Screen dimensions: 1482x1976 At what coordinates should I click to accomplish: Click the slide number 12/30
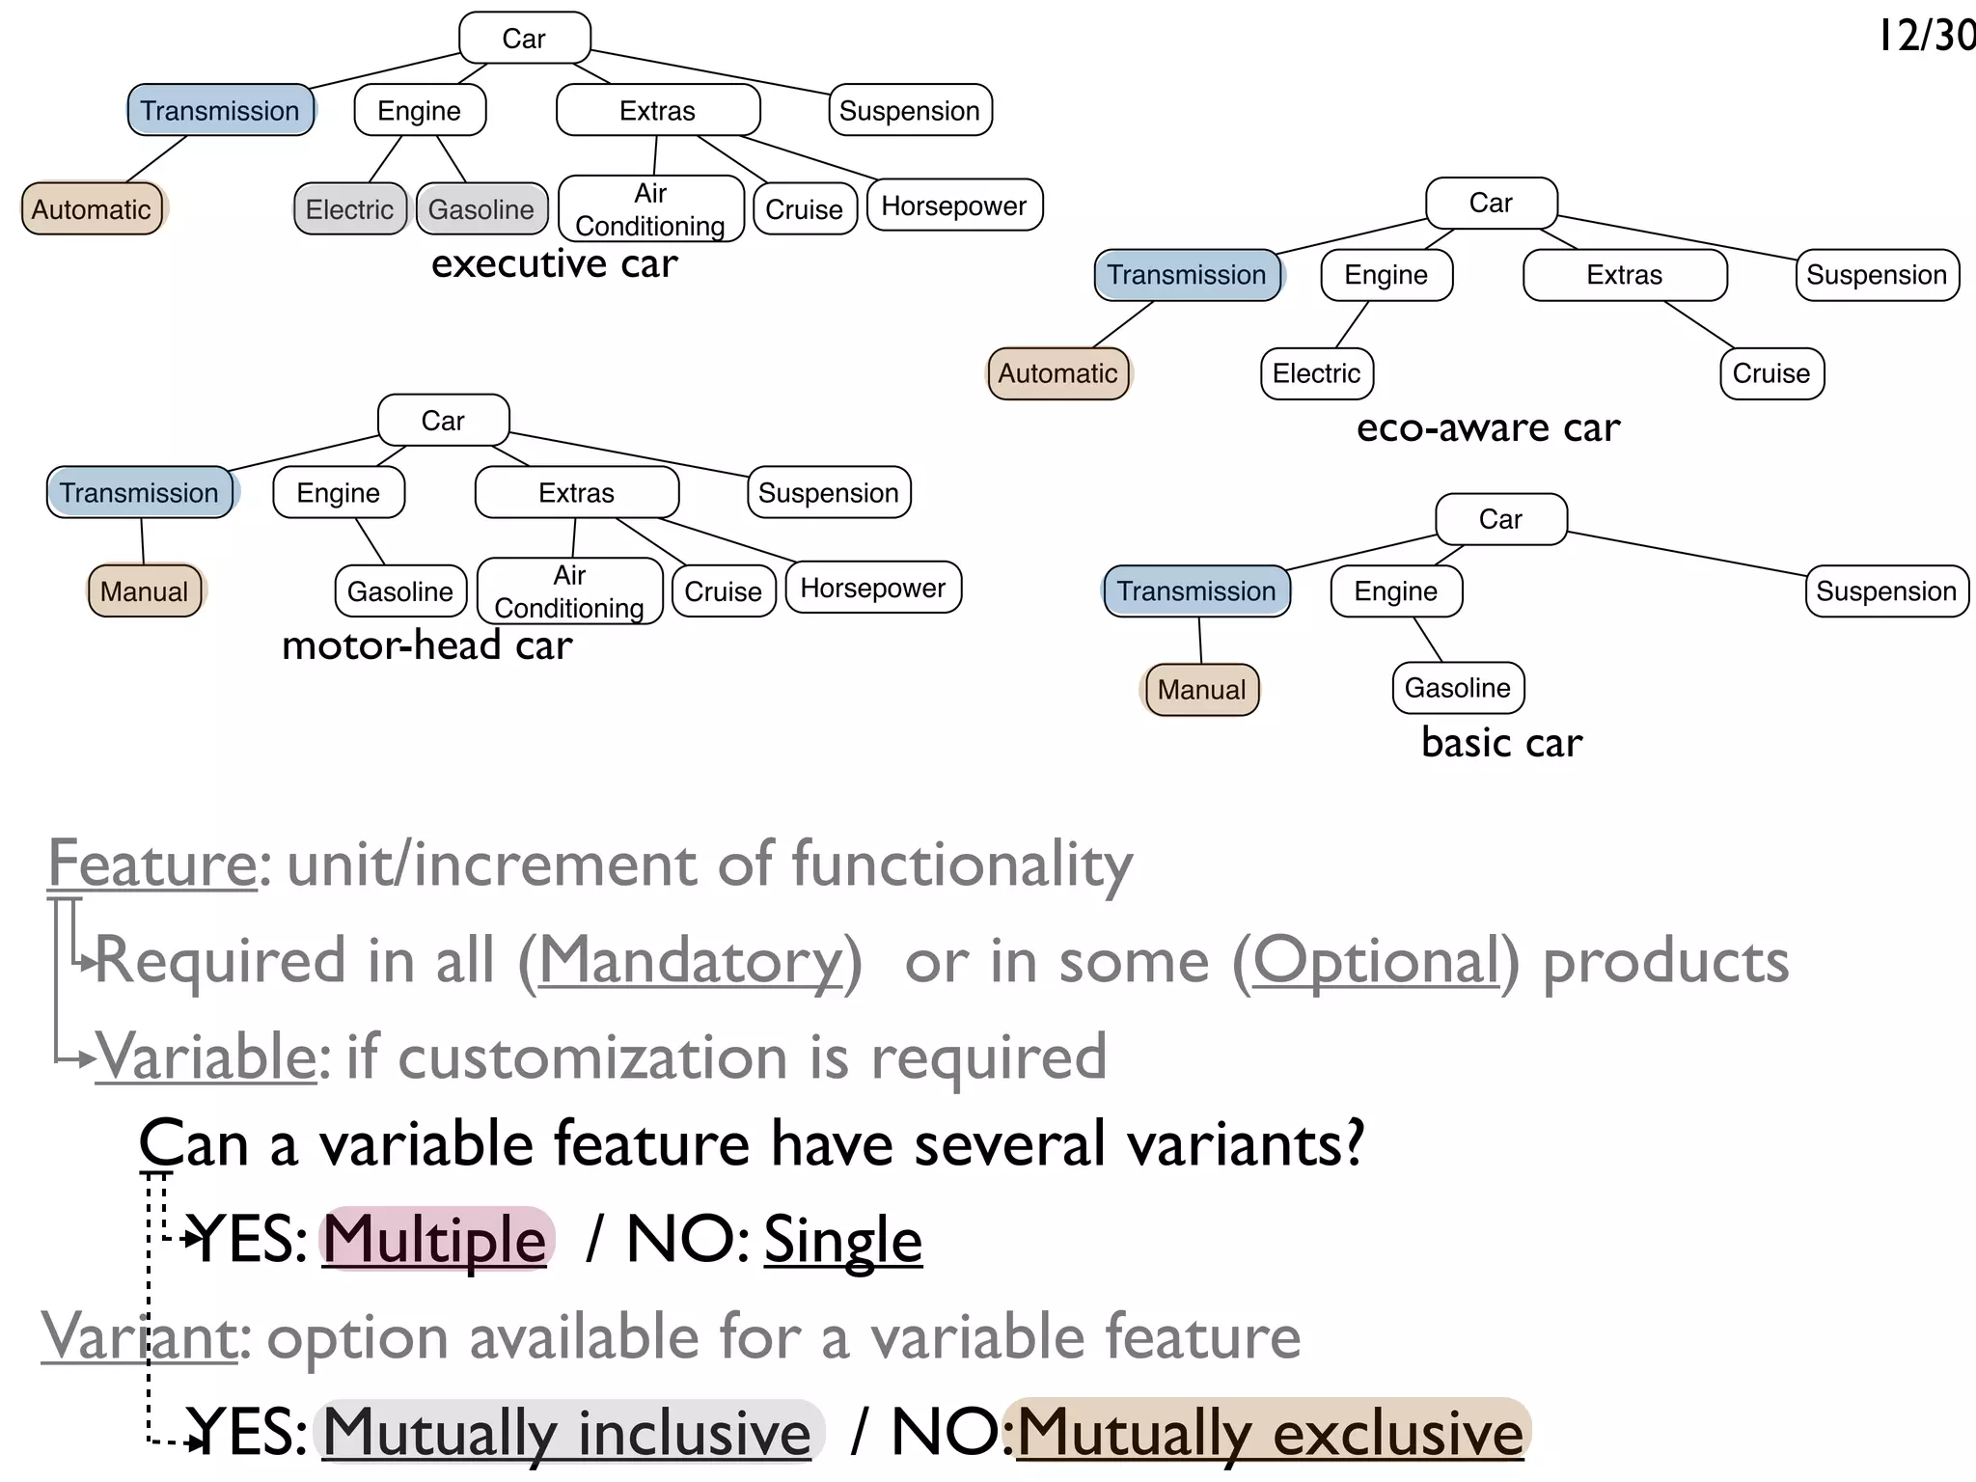click(x=1926, y=36)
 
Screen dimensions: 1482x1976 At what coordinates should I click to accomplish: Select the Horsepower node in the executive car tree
click(x=954, y=206)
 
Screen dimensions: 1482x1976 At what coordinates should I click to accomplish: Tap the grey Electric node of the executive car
click(x=349, y=209)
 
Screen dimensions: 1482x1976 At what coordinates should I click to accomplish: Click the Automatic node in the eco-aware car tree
click(x=1058, y=373)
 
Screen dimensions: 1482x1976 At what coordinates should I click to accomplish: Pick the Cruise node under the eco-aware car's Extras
click(x=1771, y=373)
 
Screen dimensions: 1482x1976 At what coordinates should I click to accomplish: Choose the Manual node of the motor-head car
click(x=145, y=590)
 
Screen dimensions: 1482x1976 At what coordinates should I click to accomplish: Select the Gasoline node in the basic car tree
click(x=1458, y=688)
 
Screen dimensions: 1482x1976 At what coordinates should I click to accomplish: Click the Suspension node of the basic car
click(x=1886, y=590)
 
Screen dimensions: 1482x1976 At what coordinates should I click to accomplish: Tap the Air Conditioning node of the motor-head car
click(x=569, y=591)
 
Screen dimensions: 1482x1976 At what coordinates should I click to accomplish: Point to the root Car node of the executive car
click(x=524, y=39)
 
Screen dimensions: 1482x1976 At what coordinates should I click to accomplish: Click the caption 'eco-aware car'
click(x=1488, y=427)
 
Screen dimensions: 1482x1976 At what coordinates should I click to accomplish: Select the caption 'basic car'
click(x=1501, y=743)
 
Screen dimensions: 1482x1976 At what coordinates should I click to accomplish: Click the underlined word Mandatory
click(x=691, y=961)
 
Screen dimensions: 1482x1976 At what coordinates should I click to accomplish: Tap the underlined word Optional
click(x=1376, y=961)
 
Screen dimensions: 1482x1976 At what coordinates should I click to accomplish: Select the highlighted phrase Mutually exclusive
click(x=1270, y=1432)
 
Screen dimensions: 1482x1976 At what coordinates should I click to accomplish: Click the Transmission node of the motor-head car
click(x=140, y=493)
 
